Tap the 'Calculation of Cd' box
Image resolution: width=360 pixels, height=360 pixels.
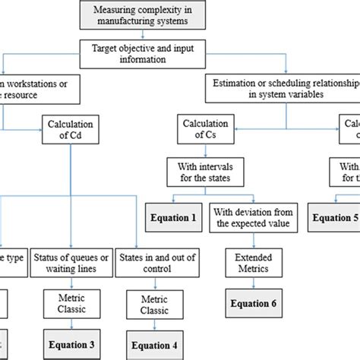[x=71, y=130]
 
